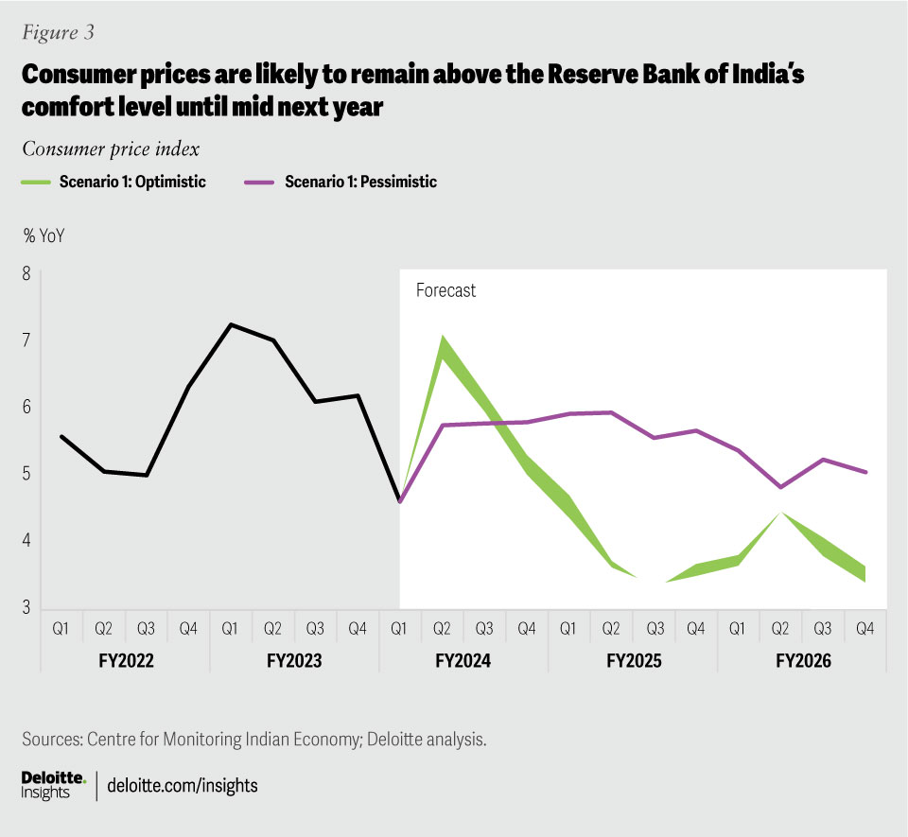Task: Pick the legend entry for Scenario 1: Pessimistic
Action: (360, 183)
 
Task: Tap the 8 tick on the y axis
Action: (26, 274)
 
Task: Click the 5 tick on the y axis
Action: (26, 474)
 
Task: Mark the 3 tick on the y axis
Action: (26, 607)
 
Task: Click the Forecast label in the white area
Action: (445, 291)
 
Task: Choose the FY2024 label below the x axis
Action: (463, 661)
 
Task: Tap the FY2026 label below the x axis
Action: (803, 661)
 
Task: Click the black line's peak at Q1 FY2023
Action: (231, 324)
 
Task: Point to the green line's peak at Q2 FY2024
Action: (443, 340)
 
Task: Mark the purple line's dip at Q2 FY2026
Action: (781, 487)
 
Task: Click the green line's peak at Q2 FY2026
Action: (781, 513)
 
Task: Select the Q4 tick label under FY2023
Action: (358, 626)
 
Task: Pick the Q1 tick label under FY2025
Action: (569, 626)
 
